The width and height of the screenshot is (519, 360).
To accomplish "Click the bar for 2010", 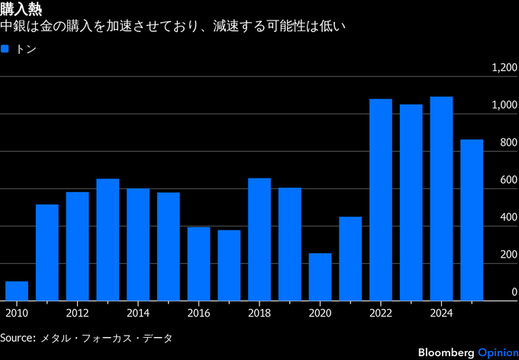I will [17, 291].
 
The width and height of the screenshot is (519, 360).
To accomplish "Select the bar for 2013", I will [108, 239].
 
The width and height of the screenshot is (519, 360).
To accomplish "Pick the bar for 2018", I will [259, 239].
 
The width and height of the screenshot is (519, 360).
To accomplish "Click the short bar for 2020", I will [321, 277].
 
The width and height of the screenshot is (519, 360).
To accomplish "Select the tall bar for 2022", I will [381, 200].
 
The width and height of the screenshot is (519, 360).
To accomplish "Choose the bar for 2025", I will [472, 220].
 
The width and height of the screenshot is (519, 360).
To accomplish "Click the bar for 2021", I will [350, 259].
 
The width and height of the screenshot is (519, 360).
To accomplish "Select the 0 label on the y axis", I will [514, 292].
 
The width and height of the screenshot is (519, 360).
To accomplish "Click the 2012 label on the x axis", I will [77, 313].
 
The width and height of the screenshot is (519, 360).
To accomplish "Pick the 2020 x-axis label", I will [321, 313].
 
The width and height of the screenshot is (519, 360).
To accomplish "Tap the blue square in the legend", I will [5, 49].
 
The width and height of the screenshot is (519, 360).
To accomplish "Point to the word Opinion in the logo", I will [496, 352].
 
